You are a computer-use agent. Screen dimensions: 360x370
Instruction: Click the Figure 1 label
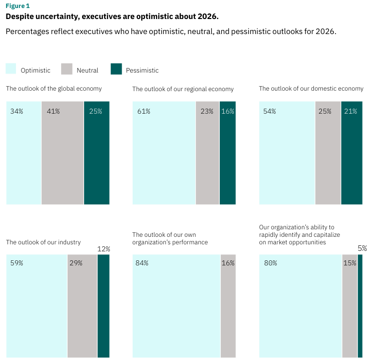17,6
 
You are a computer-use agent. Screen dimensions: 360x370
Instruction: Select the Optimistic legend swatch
11,69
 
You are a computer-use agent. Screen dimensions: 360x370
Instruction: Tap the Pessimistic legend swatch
116,69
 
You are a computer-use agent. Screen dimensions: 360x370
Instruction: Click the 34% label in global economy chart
17,111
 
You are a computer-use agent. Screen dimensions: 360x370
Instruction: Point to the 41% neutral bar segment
63,153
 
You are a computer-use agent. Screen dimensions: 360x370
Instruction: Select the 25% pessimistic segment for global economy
97,153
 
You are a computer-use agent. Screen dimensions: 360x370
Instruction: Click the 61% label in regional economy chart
144,111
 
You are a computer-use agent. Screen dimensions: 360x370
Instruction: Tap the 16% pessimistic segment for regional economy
227,153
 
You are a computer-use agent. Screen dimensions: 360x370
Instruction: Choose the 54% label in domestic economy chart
269,111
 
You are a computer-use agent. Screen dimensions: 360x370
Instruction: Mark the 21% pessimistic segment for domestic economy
351,153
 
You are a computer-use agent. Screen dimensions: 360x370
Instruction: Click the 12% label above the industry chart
104,249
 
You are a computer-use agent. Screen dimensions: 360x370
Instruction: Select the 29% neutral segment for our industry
82,305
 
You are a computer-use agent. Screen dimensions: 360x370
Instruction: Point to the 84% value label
142,263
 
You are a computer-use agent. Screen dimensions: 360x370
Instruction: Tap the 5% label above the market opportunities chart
362,248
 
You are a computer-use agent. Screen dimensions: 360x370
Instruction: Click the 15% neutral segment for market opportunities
349,305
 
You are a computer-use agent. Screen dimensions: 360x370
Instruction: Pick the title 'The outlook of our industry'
43,242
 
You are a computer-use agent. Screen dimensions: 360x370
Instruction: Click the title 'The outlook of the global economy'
54,89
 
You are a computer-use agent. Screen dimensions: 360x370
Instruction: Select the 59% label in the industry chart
17,263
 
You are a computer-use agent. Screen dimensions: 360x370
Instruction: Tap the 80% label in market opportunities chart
270,263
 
